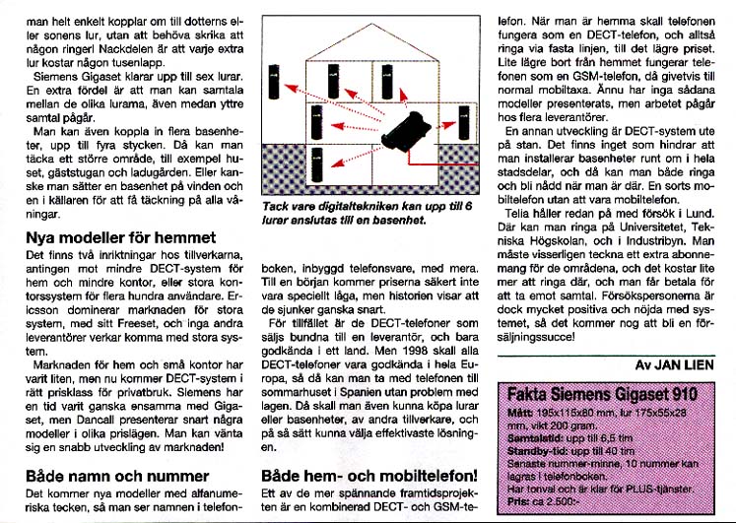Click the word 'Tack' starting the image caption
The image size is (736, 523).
pyautogui.click(x=278, y=206)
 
